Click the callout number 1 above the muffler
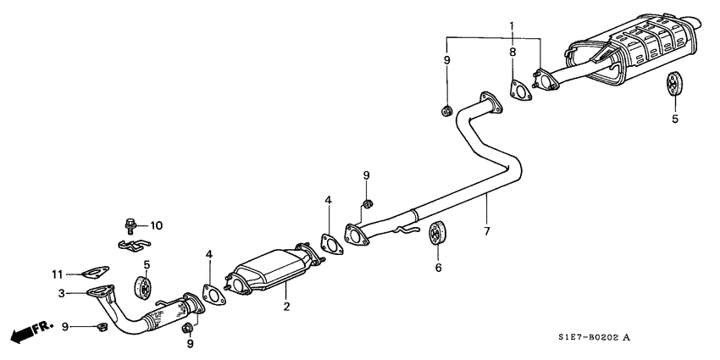[x=512, y=27]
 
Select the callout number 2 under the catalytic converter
[x=286, y=306]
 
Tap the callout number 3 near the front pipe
[x=61, y=293]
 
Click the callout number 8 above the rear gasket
[x=512, y=53]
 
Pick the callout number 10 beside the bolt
[x=156, y=226]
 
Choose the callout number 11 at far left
[x=58, y=273]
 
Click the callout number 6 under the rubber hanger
[x=439, y=267]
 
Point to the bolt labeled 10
[x=130, y=225]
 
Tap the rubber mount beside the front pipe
[x=143, y=287]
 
